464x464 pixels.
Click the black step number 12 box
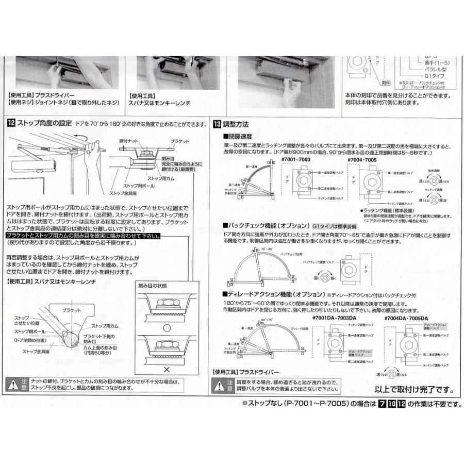click(x=11, y=124)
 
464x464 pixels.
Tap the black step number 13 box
click(x=217, y=124)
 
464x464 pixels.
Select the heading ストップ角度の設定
click(x=44, y=124)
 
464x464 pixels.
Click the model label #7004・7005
click(x=363, y=160)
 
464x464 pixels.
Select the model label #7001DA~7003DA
click(x=329, y=318)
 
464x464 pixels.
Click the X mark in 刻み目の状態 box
click(x=166, y=369)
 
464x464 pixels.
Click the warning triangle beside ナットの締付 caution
click(x=13, y=384)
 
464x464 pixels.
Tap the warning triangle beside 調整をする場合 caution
click(x=219, y=384)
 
